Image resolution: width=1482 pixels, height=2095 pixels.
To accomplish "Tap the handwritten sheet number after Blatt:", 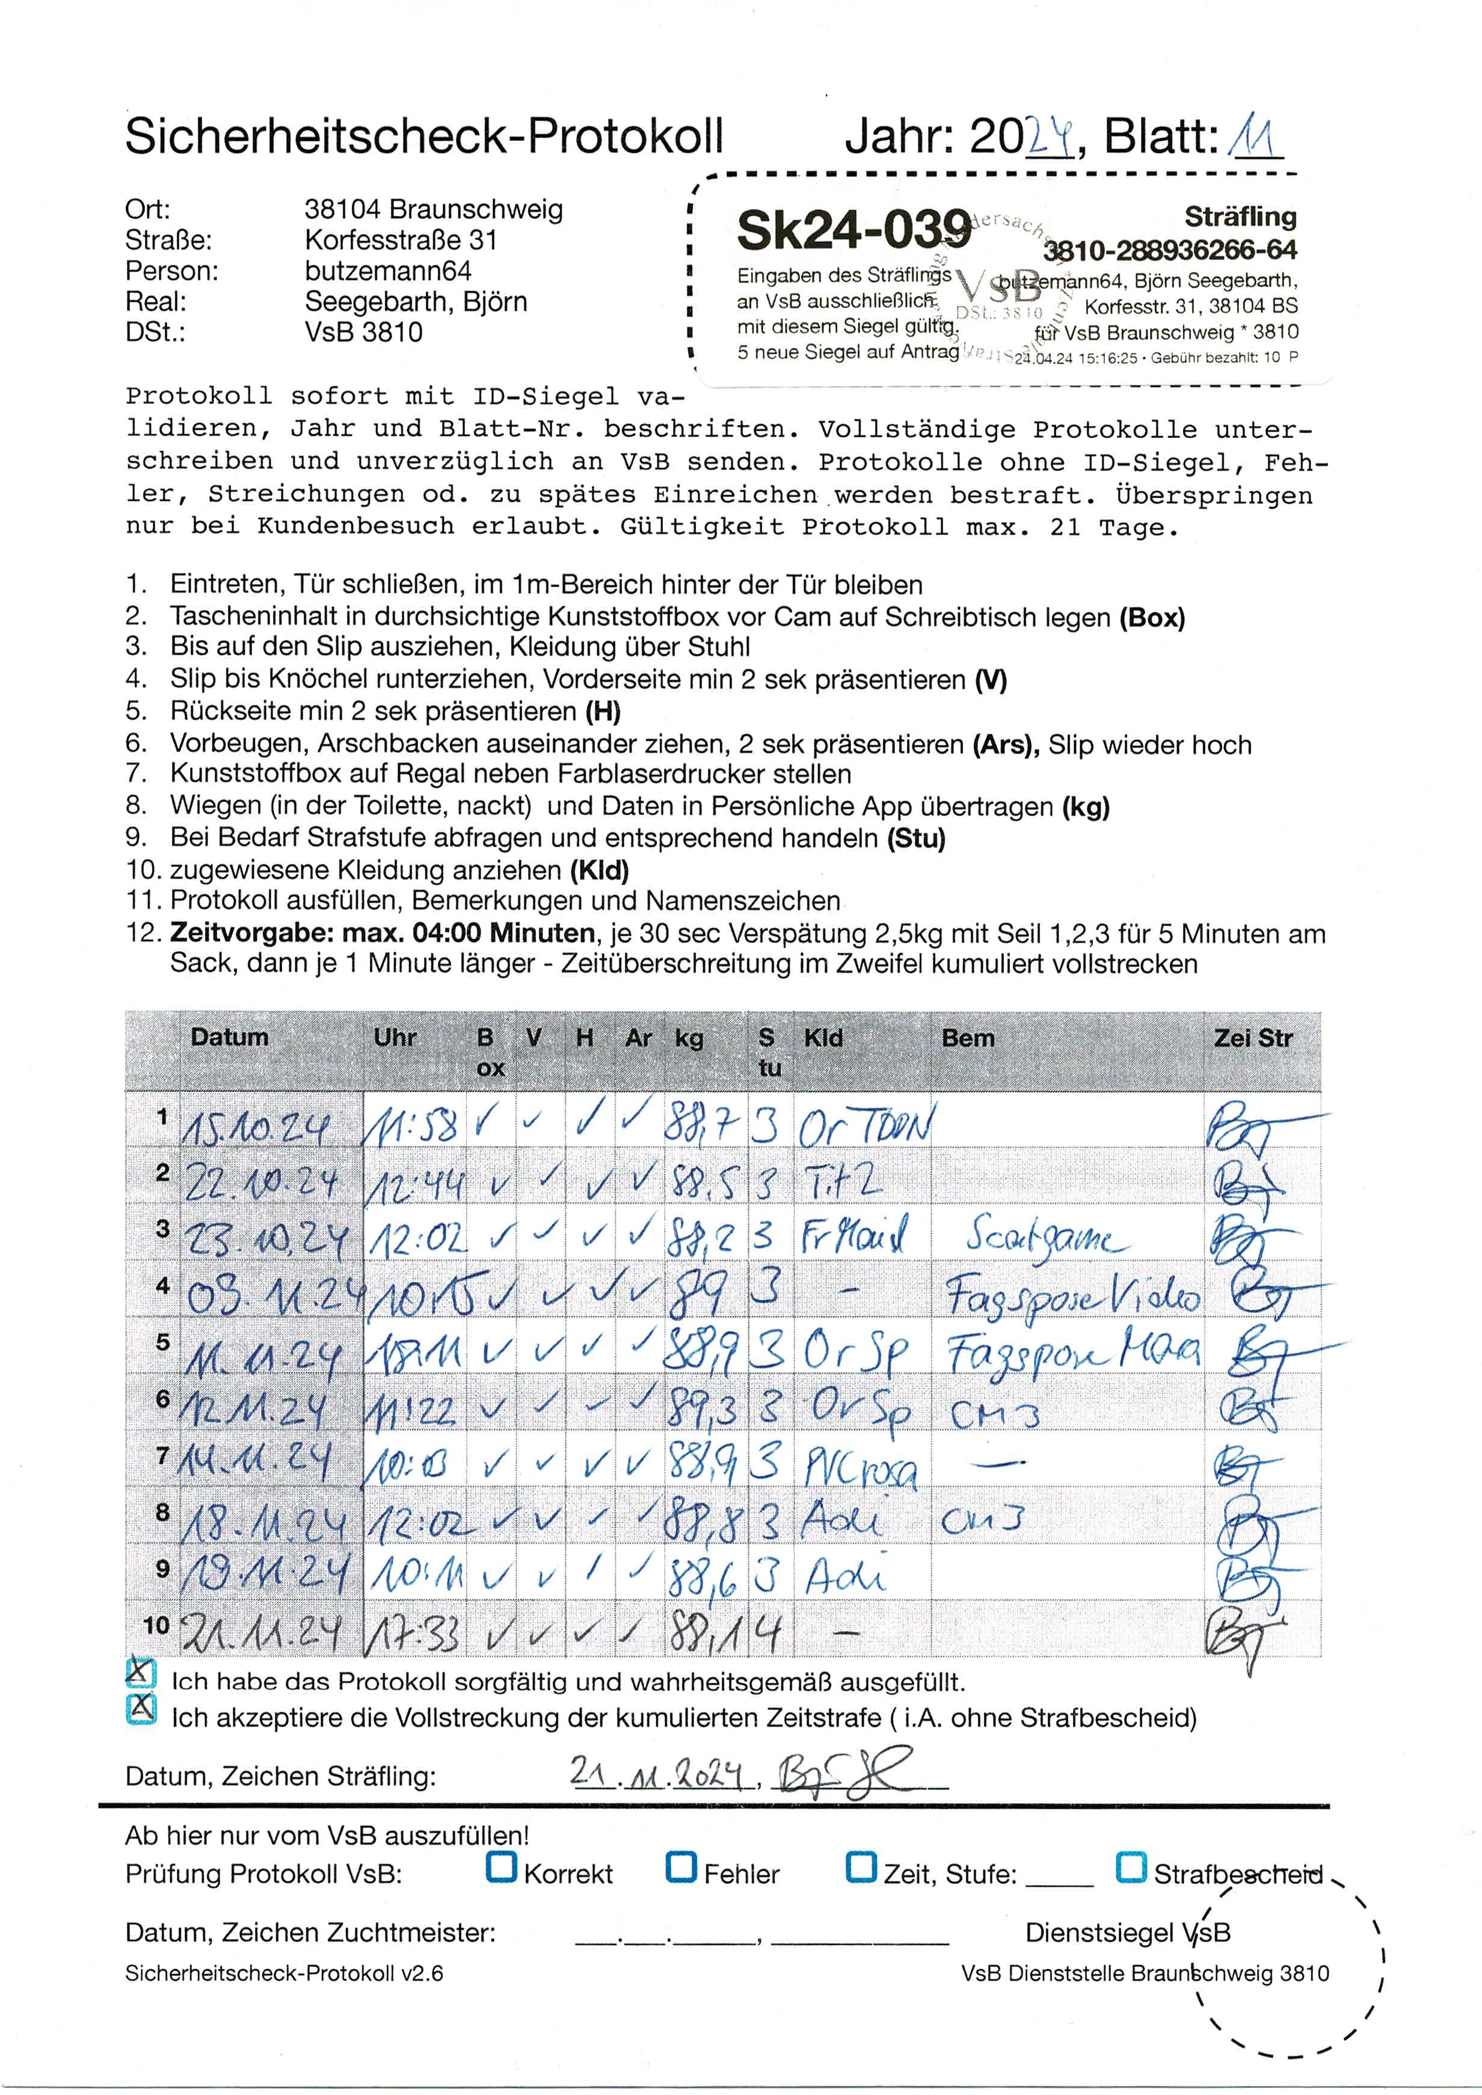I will [1256, 139].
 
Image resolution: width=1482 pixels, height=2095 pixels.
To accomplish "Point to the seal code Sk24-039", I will [853, 229].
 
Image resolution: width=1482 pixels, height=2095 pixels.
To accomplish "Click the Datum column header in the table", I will [229, 1037].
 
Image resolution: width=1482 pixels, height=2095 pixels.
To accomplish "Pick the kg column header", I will [689, 1038].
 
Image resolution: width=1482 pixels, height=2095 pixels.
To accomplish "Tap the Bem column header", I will [967, 1038].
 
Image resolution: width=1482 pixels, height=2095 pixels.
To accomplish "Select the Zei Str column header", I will [1252, 1038].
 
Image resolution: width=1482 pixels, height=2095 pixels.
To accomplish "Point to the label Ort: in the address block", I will [148, 210].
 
